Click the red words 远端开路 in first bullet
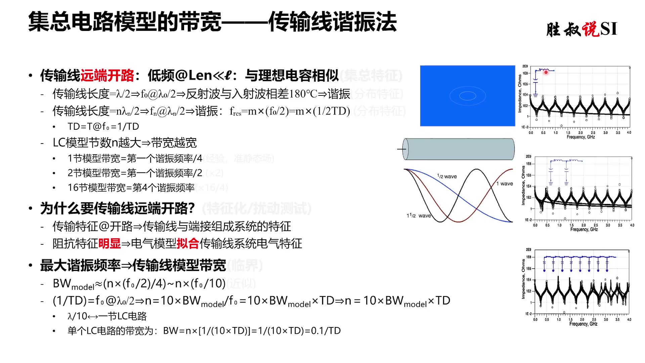[107, 76]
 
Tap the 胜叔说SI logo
[582, 29]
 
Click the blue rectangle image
[467, 96]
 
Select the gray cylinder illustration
[459, 149]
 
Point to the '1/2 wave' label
[447, 176]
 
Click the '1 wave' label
[505, 184]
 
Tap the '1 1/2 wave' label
[419, 215]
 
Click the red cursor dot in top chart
[546, 72]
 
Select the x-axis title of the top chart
[580, 137]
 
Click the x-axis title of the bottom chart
[583, 324]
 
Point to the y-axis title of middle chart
[523, 185]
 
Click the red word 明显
[110, 244]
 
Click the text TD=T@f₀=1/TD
[103, 127]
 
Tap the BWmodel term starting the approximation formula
[74, 284]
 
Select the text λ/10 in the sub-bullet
[77, 316]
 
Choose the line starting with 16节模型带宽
[131, 188]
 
